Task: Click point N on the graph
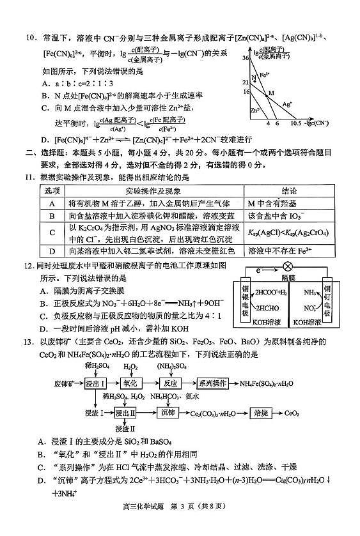(x=254, y=78)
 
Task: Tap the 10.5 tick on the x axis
(x=296, y=123)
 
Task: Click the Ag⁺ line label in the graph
(x=287, y=103)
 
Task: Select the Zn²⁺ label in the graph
(x=254, y=110)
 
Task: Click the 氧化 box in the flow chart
(x=130, y=383)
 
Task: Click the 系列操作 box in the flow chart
(x=213, y=383)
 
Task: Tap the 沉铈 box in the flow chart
(x=168, y=413)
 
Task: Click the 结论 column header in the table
(x=288, y=191)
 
